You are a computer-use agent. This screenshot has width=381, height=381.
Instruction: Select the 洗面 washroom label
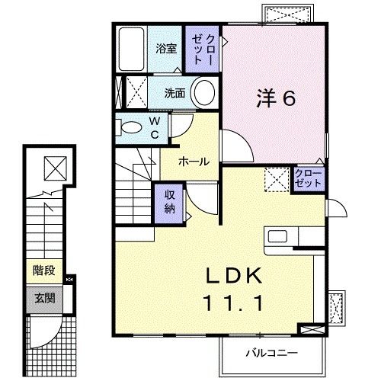coord(174,94)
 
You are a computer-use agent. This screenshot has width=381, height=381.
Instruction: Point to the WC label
coord(153,126)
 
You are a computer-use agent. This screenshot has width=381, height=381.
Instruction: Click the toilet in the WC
coord(130,127)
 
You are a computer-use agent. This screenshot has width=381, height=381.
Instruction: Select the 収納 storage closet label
coord(170,203)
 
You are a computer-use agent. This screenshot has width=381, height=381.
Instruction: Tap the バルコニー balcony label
coord(271,353)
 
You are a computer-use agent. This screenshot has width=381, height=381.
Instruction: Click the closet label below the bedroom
coord(308,181)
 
